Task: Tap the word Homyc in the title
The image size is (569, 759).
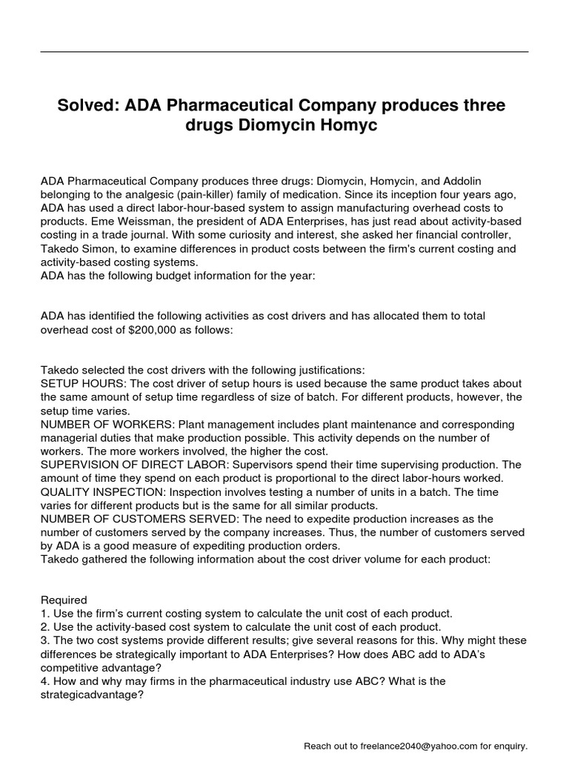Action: click(x=351, y=127)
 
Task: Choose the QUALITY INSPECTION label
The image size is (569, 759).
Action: click(x=103, y=491)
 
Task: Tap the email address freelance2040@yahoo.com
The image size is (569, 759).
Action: click(x=412, y=745)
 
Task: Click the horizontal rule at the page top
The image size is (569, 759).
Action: click(x=284, y=52)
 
